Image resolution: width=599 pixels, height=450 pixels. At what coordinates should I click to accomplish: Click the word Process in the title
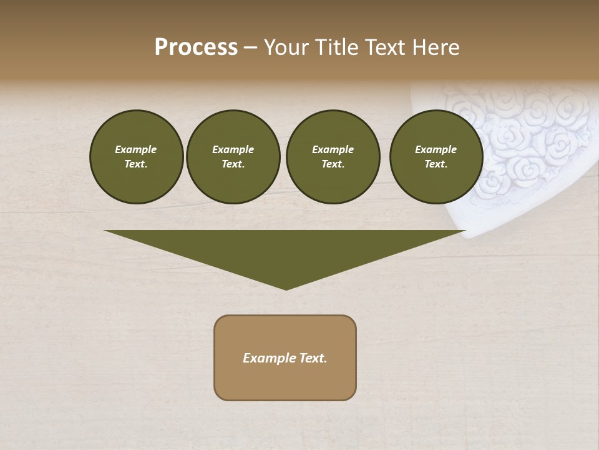[x=196, y=47]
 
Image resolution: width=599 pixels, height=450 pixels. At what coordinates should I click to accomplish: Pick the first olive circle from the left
[x=137, y=157]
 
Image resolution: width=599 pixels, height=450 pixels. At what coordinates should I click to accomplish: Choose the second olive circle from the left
[x=233, y=157]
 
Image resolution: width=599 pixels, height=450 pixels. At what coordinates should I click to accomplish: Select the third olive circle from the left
[x=333, y=157]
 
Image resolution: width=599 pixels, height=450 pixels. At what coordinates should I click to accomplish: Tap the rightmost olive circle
[x=436, y=157]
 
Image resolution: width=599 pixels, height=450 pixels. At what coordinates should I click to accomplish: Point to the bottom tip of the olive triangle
[x=286, y=289]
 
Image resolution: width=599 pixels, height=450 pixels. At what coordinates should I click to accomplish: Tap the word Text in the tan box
[x=313, y=358]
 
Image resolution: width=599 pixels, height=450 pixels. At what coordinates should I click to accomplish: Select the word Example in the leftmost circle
[x=136, y=149]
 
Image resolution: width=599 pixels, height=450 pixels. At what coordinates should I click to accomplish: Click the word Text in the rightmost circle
[x=436, y=164]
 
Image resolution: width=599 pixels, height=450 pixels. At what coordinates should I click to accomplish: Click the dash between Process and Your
[x=250, y=47]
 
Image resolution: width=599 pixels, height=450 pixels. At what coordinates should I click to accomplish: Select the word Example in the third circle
[x=333, y=149]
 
